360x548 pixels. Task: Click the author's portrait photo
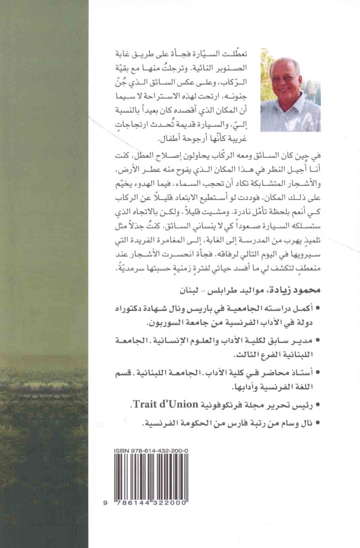[290, 89]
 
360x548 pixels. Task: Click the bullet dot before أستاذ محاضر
[317, 372]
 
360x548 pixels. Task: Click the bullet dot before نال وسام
[317, 423]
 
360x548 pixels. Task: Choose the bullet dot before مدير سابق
[317, 340]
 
